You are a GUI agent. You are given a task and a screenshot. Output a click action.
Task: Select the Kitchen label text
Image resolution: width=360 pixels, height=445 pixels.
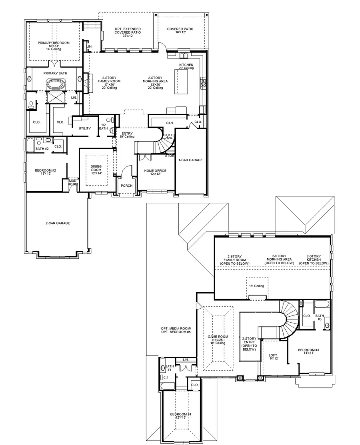pos(186,65)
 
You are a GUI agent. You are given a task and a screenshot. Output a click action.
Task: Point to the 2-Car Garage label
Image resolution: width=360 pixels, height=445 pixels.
pos(58,223)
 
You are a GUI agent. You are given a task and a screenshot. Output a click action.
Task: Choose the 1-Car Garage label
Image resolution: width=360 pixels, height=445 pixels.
pos(190,160)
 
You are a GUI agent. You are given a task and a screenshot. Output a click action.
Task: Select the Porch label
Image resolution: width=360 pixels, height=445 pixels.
pos(127,186)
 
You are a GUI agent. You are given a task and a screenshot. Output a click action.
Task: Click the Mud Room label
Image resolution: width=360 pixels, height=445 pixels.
pos(72,183)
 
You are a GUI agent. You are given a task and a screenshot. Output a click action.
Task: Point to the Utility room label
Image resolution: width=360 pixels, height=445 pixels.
pos(84,128)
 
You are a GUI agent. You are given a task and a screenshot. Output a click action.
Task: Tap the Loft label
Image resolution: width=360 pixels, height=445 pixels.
pos(273,355)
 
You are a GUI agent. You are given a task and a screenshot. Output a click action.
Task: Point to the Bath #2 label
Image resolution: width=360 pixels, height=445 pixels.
pos(42,148)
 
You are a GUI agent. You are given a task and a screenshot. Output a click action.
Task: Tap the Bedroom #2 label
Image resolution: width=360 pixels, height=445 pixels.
pos(46,171)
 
